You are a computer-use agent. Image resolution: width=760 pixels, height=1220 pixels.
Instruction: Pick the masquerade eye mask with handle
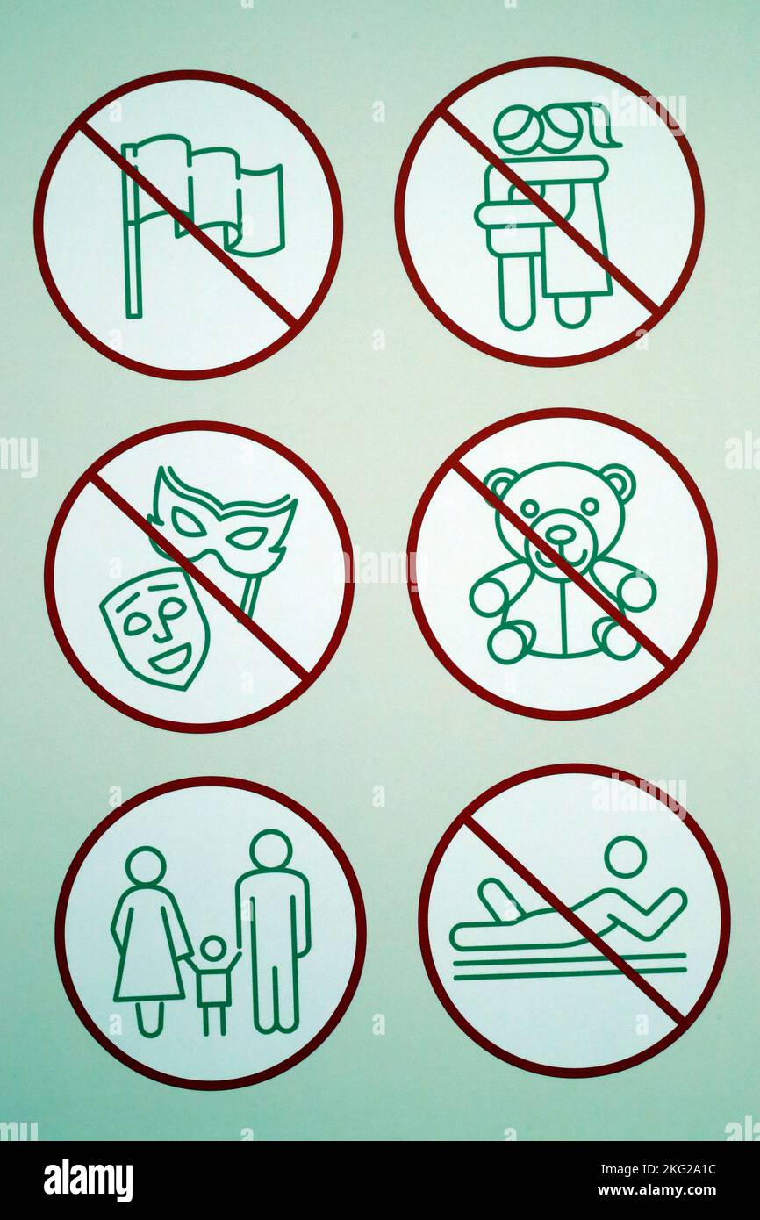tap(226, 524)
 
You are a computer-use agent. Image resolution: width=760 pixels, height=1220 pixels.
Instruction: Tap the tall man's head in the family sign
tap(270, 849)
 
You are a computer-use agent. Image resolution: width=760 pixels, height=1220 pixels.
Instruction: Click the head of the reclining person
tap(625, 856)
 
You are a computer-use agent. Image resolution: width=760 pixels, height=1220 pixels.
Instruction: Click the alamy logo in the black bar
tap(88, 1181)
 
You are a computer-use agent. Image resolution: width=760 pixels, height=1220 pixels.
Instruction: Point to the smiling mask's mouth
tap(170, 657)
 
